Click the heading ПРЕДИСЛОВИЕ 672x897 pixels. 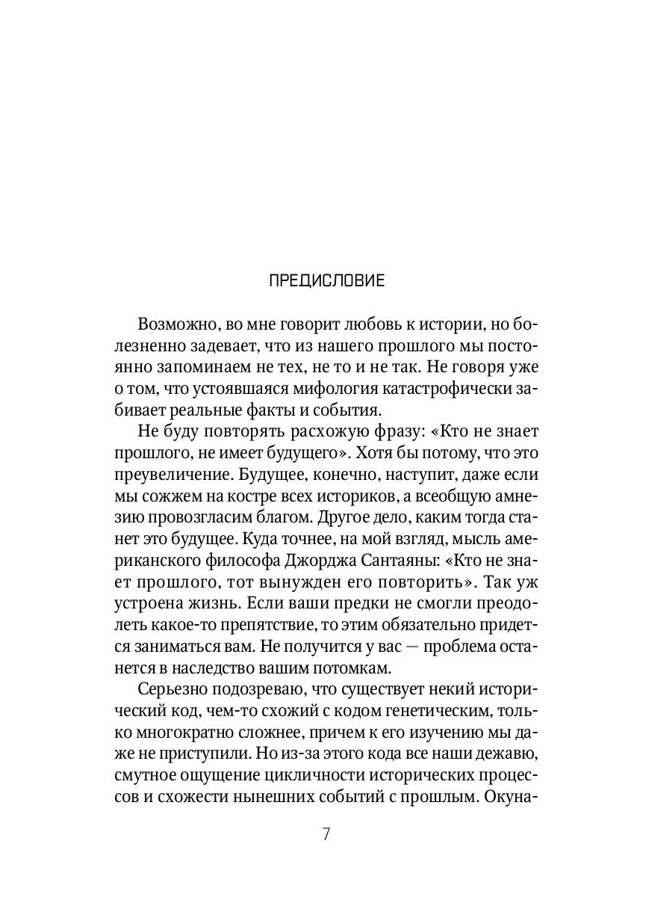coord(326,281)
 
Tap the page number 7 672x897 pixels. coord(326,834)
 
